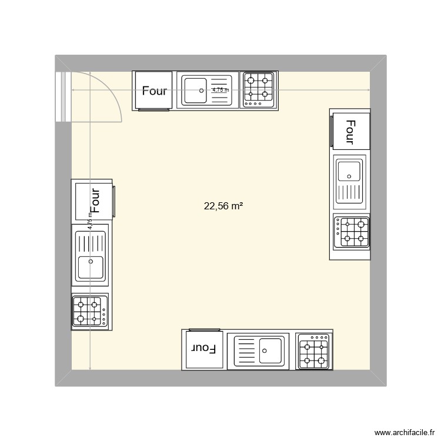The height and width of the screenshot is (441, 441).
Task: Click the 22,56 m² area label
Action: click(x=223, y=206)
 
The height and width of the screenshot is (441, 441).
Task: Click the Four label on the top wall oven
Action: click(x=155, y=91)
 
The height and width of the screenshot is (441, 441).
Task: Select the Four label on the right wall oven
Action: click(x=350, y=132)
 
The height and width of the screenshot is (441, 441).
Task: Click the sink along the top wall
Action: click(x=207, y=91)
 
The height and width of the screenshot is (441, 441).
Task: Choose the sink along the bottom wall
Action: click(x=259, y=352)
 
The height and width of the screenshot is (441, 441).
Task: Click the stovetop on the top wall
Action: click(x=259, y=91)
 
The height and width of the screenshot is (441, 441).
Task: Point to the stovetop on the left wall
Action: click(x=90, y=310)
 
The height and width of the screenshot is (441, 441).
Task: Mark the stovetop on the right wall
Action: click(x=352, y=232)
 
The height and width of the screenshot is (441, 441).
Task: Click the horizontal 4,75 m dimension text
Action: click(x=220, y=90)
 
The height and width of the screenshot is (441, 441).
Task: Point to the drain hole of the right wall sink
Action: click(x=350, y=175)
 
